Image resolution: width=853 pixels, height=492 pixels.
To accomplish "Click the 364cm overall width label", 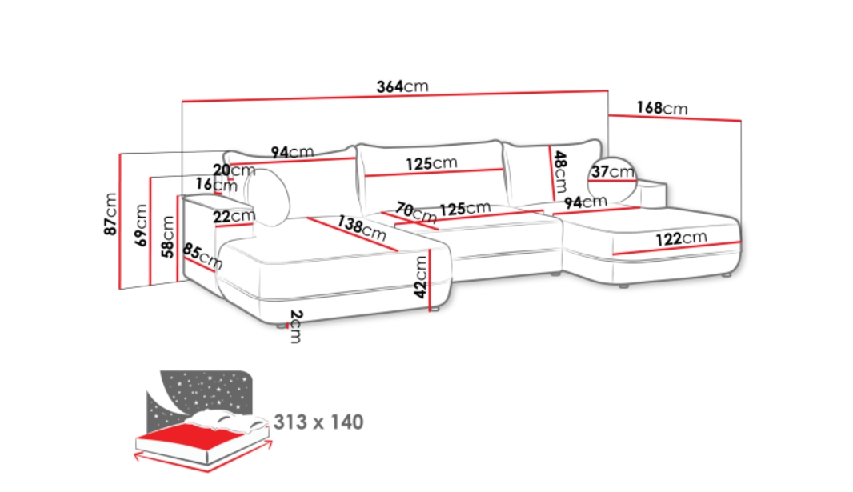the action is pos(402,86).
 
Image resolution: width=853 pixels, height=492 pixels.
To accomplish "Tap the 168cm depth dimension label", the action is pos(662,108).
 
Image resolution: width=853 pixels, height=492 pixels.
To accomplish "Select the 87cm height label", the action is pos(110,214).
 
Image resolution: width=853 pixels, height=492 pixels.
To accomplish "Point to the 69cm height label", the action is pos(141,225).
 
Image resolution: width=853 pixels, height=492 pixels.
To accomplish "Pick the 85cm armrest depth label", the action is pos(202,256).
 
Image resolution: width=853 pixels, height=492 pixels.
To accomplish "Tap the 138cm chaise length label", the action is pos(361,228).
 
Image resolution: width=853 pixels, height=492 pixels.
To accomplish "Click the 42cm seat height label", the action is pos(421,278).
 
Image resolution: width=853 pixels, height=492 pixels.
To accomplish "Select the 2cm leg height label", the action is pos(295,326).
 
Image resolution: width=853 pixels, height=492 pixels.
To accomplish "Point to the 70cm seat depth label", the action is pos(416,213).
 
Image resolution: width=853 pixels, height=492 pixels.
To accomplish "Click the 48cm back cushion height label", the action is pos(560,172).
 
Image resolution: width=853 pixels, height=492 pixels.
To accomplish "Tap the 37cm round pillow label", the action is pos(613,172).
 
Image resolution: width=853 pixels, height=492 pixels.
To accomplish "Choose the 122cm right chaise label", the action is pos(681,238).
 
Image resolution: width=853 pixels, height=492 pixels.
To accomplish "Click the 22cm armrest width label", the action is pos(234,216).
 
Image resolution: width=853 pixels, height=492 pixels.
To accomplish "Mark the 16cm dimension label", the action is pos(217,184).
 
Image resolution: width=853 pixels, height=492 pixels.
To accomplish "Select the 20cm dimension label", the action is pos(234,170).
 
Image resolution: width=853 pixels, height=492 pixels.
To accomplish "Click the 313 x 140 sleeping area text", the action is pos(318,422).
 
